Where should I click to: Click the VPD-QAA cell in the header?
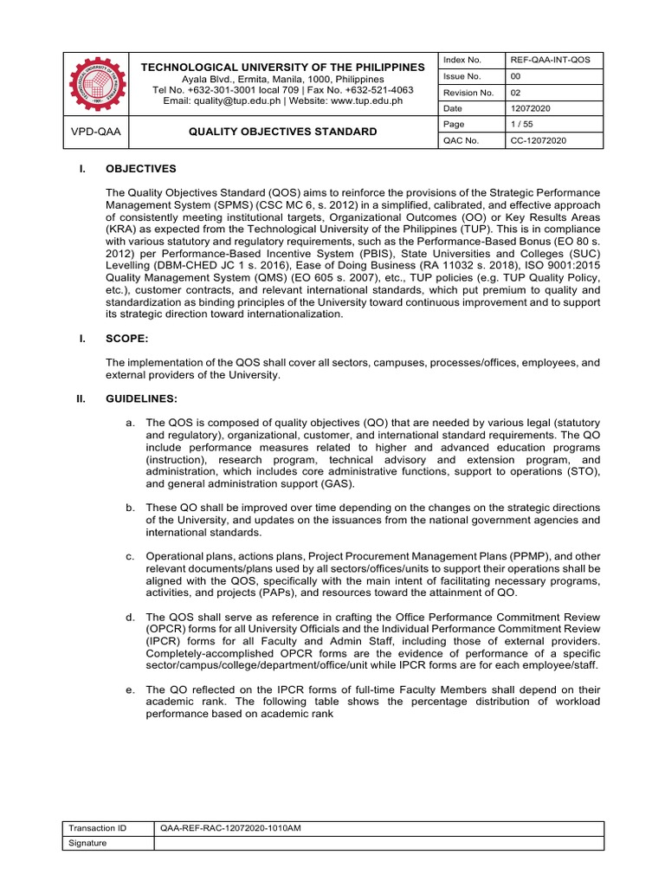coord(97,132)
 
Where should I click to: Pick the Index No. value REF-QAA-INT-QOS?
coord(548,60)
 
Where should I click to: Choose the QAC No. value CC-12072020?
coord(539,140)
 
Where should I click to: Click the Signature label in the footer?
coord(88,843)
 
